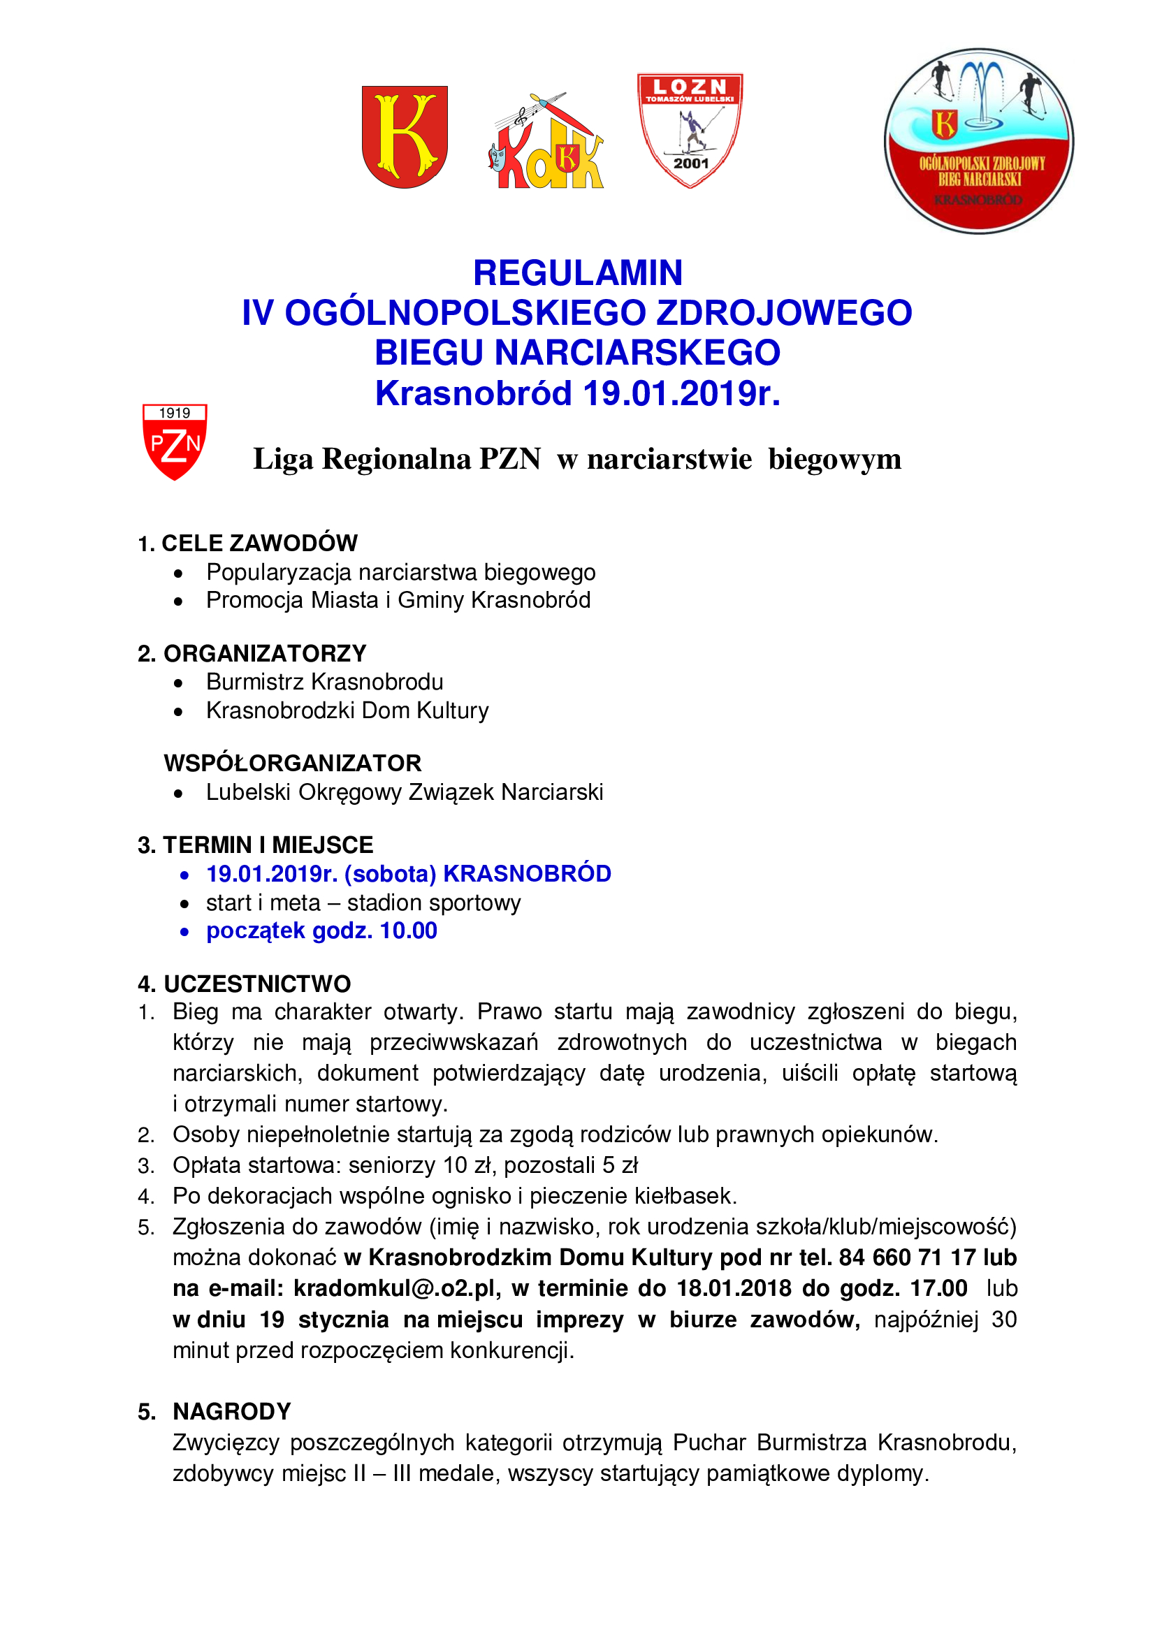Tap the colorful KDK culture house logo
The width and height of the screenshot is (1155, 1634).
(x=546, y=143)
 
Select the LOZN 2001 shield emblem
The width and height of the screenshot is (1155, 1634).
(x=690, y=129)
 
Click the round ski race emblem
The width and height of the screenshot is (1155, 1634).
(x=978, y=141)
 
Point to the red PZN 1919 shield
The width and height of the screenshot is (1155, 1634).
(x=175, y=442)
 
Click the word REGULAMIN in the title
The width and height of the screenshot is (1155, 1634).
(x=577, y=273)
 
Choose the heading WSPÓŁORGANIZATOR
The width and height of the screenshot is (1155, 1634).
(x=293, y=763)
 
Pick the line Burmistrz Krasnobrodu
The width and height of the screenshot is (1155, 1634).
(x=324, y=682)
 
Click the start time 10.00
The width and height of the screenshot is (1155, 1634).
(x=409, y=931)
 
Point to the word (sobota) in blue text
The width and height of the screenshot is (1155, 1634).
(x=390, y=874)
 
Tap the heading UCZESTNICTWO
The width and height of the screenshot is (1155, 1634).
(x=257, y=984)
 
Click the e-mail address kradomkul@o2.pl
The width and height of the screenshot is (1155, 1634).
(x=398, y=1288)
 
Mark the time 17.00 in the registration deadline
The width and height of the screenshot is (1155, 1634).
(x=938, y=1288)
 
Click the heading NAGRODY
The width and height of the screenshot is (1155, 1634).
(x=232, y=1411)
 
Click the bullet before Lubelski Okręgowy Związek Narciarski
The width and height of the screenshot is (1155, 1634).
(x=179, y=794)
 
